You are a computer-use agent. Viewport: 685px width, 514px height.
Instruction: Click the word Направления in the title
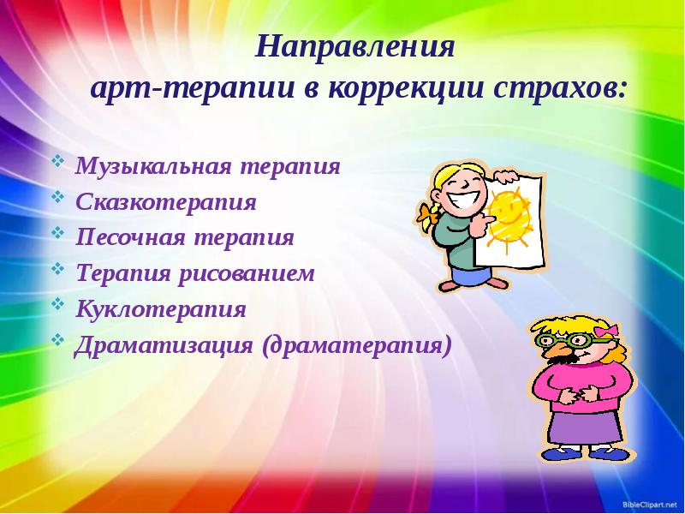click(354, 46)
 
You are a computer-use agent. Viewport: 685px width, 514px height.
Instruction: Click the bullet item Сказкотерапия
click(165, 204)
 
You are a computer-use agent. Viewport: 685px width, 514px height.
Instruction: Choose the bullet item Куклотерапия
click(160, 308)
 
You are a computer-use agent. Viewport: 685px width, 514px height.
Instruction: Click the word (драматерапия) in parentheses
click(358, 344)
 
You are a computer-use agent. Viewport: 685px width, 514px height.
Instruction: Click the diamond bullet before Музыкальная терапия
click(57, 161)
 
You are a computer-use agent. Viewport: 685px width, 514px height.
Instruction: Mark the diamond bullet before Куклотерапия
click(57, 304)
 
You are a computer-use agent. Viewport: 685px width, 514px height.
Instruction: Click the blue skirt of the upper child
click(468, 276)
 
